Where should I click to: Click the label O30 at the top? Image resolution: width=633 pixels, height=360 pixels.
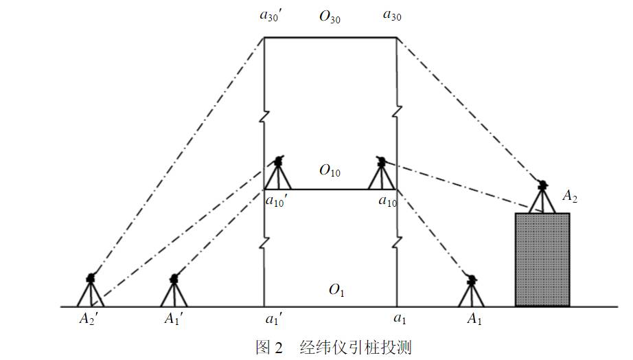(x=330, y=17)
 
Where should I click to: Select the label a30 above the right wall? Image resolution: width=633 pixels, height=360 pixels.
(x=392, y=16)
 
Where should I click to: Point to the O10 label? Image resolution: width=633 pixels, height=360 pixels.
(x=330, y=170)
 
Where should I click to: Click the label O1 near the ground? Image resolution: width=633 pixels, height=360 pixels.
(x=336, y=290)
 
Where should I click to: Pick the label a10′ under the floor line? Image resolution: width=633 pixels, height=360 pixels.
(x=276, y=201)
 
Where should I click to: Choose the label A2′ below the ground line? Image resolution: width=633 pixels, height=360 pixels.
(x=89, y=319)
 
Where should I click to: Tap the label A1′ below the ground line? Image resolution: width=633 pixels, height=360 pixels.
(x=174, y=319)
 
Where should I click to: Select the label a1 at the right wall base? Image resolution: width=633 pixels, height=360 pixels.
(x=400, y=319)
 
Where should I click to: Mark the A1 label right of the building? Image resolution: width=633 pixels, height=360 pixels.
(x=474, y=319)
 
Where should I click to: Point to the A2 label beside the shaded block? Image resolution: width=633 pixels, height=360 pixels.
(x=570, y=196)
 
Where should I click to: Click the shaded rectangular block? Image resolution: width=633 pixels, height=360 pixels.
(x=542, y=260)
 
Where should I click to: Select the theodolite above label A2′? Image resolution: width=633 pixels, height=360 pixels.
(x=91, y=290)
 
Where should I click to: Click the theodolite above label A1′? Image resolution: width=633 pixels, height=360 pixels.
(x=174, y=290)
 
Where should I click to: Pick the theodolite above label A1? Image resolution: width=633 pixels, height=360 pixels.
(x=471, y=291)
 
